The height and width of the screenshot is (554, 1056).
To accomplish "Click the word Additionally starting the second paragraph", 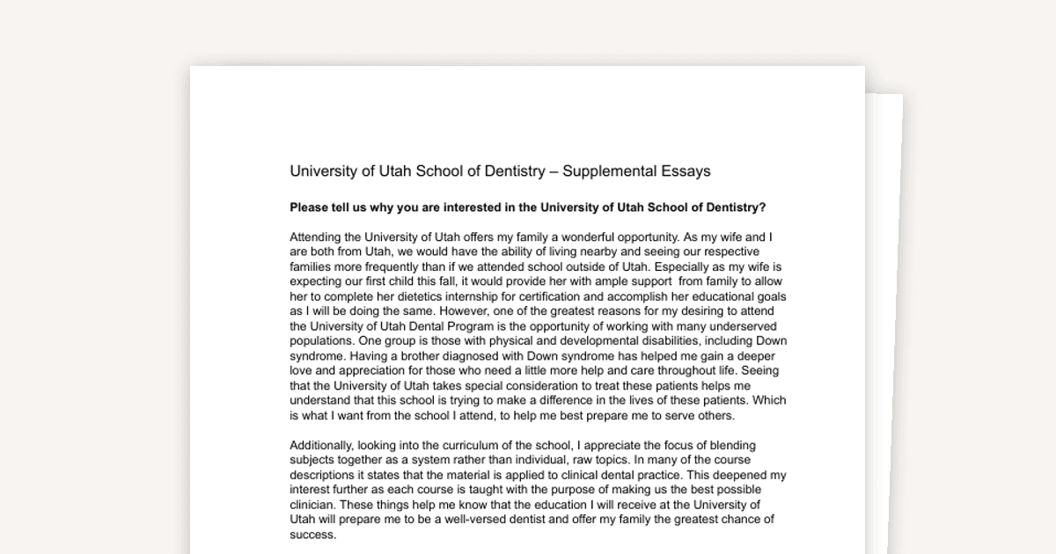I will point(324,445).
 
